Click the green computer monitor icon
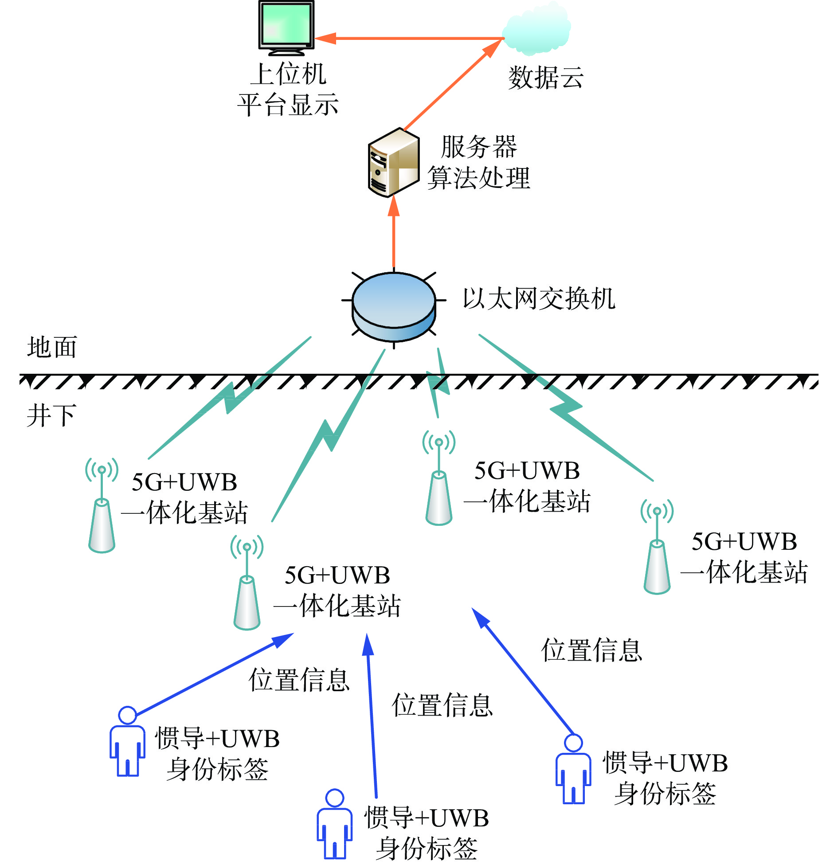286,26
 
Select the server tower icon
393,162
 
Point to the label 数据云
546,78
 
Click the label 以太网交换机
539,298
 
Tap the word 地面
52,347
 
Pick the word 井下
51,415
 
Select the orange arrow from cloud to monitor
408,39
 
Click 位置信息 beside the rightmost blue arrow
591,651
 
